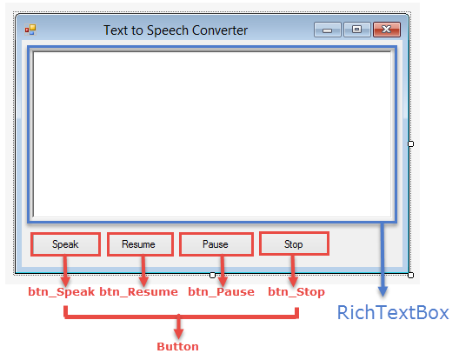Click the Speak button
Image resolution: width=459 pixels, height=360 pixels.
[65, 244]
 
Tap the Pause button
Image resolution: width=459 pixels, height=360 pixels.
[216, 244]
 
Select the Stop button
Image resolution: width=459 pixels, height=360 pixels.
[294, 243]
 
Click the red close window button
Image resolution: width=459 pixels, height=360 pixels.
[387, 30]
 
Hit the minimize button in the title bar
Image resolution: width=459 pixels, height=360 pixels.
[327, 30]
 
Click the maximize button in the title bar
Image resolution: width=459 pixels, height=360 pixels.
[356, 30]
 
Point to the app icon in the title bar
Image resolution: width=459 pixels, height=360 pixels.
[30, 30]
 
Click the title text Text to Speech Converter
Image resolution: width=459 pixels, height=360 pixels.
[176, 30]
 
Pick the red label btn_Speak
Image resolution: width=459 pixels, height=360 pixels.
[62, 292]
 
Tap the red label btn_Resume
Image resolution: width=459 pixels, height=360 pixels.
[139, 292]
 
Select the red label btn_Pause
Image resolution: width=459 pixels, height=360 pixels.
[222, 292]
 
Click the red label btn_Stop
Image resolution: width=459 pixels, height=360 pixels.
[296, 292]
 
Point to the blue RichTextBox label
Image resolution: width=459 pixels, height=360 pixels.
[393, 312]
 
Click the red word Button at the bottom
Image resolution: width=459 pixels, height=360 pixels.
[177, 347]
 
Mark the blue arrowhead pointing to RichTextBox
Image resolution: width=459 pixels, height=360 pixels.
[382, 291]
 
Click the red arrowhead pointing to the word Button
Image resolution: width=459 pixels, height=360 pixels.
[178, 334]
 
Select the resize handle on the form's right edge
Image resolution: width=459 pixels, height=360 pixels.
[410, 143]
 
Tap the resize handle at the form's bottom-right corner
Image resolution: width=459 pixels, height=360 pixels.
[410, 275]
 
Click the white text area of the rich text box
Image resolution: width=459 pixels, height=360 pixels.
[212, 135]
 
